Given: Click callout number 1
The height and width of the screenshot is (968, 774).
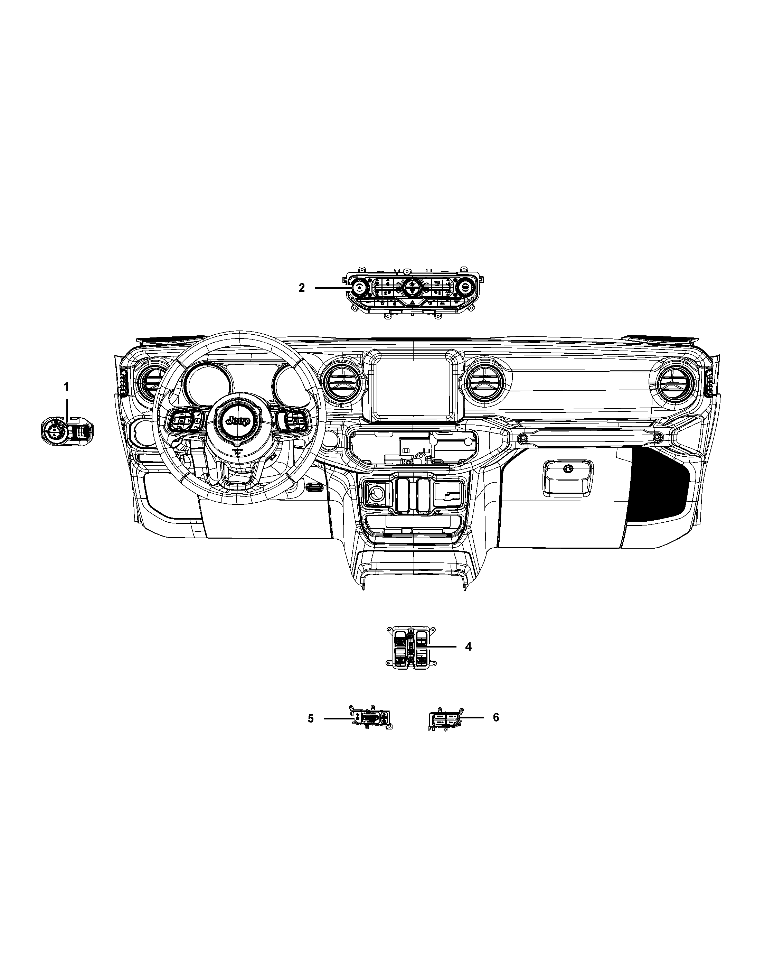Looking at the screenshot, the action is (x=66, y=387).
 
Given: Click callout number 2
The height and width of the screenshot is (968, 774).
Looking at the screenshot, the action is (x=302, y=288).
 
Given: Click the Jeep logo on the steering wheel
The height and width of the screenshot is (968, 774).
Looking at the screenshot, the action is (x=237, y=421).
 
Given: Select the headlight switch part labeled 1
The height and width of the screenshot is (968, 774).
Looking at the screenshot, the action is (x=66, y=431).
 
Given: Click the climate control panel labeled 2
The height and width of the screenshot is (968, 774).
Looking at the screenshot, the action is (x=410, y=292).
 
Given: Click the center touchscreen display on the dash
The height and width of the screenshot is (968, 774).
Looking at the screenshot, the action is (x=412, y=388).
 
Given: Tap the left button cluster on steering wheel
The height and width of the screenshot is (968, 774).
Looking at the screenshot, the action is (x=185, y=421).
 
